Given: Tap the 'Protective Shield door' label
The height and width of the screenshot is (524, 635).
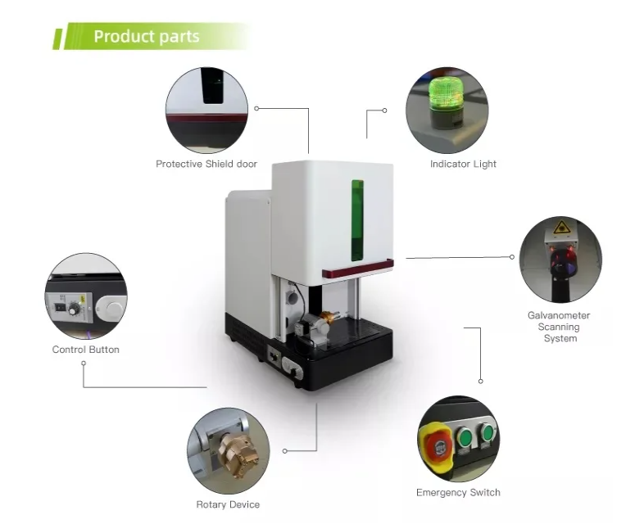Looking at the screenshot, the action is (x=206, y=164).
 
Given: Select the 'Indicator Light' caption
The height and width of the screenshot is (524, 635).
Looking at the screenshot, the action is (x=463, y=164).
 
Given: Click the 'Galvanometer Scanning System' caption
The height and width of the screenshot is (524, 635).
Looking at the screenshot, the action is (x=559, y=327).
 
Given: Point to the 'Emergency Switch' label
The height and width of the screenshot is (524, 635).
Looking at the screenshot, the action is (x=458, y=492).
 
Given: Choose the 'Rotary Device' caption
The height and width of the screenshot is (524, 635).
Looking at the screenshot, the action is (x=228, y=504).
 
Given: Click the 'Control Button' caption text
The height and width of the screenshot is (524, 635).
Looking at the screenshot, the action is (x=86, y=350).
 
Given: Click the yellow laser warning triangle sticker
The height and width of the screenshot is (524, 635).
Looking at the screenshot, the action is (x=561, y=228).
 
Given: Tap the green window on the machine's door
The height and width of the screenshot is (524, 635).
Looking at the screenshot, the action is (x=357, y=220).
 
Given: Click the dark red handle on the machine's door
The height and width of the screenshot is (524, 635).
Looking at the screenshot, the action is (x=357, y=269).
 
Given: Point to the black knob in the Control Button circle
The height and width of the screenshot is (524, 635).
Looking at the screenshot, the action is (x=73, y=309).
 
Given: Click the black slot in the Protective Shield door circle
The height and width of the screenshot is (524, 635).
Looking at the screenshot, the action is (x=212, y=86).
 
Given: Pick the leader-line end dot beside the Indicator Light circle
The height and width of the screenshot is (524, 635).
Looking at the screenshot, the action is (x=384, y=111).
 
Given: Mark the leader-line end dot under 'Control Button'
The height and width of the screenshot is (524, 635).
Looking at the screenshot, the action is (x=84, y=364).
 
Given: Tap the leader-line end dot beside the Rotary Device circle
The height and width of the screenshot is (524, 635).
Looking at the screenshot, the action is (x=285, y=451).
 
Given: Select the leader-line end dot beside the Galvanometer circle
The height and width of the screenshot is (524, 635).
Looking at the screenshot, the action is (x=512, y=257).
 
